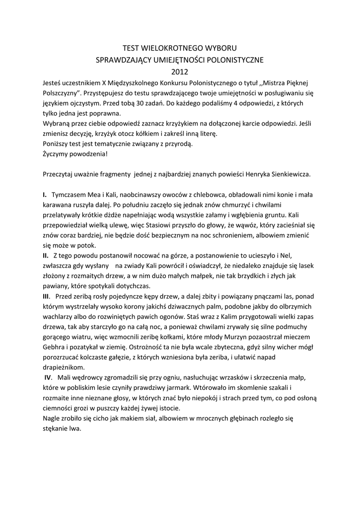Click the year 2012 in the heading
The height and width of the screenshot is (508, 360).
(180, 71)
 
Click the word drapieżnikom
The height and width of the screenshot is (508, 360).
(64, 368)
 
